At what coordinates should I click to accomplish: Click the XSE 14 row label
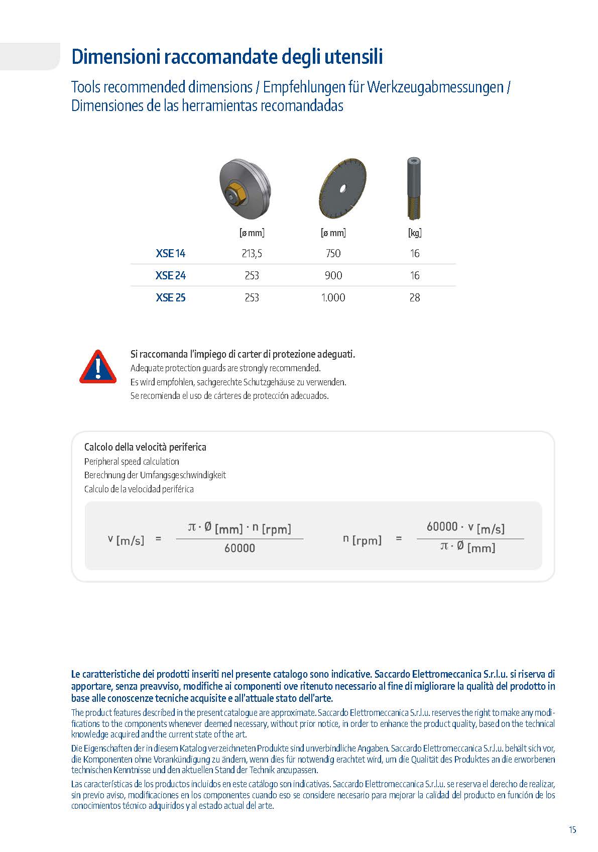[170, 254]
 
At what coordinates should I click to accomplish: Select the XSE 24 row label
[170, 276]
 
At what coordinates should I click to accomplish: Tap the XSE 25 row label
[170, 298]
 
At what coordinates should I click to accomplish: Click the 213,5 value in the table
[252, 254]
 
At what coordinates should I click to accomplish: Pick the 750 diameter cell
[333, 254]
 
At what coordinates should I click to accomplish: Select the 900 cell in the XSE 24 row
[333, 276]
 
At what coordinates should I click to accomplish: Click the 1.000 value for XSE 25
[333, 298]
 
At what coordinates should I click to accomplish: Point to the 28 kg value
[414, 298]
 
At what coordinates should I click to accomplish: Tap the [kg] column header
[414, 233]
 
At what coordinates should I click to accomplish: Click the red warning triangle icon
[98, 367]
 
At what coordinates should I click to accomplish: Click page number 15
[572, 830]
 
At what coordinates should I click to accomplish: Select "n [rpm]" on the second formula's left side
[362, 540]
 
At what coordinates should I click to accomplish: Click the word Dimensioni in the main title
[114, 57]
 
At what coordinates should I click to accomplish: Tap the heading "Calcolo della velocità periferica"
[145, 447]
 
